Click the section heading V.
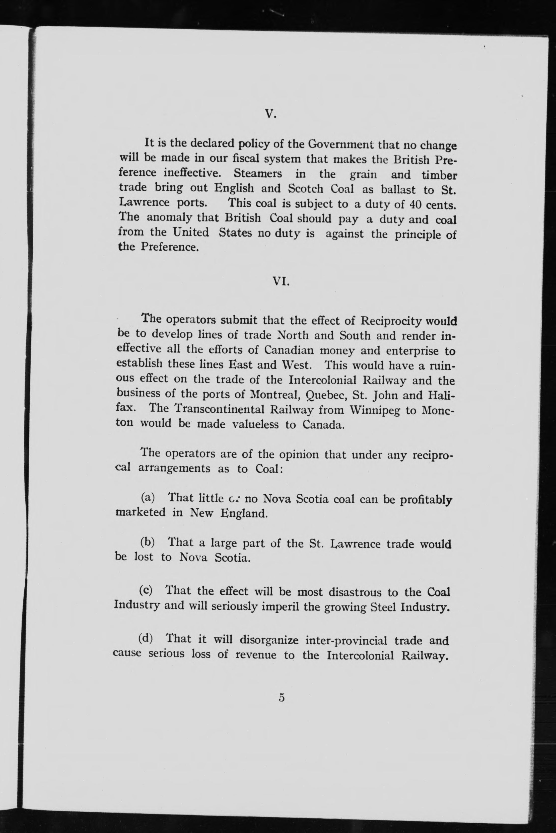coord(270,114)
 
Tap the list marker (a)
coord(148,497)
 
